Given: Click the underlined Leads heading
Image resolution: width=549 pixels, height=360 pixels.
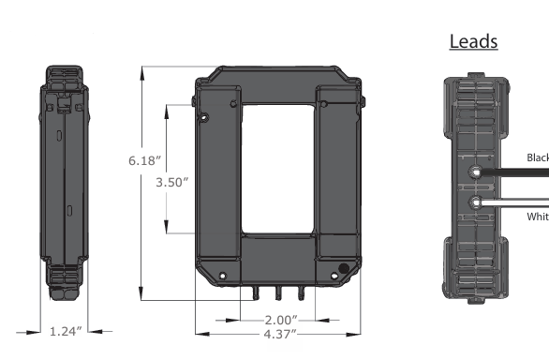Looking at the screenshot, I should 473,42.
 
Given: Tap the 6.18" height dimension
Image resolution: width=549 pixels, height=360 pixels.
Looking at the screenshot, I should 145,160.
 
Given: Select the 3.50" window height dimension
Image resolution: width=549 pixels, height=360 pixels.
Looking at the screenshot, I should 171,181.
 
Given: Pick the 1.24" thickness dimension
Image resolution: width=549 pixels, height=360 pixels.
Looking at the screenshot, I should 67,331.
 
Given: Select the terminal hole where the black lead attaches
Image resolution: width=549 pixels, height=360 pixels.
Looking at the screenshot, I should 477,172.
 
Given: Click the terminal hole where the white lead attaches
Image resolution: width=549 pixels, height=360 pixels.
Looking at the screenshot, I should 477,202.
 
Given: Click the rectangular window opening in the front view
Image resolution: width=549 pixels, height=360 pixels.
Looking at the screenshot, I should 278,169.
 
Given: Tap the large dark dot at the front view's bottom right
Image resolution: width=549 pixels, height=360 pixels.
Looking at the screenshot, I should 344,270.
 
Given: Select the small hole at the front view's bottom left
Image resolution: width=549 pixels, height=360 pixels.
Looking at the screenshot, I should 221,276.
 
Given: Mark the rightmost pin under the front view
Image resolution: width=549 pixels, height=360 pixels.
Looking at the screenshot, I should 301,292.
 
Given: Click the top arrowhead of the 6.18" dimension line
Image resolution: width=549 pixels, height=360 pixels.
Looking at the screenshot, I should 141,70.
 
